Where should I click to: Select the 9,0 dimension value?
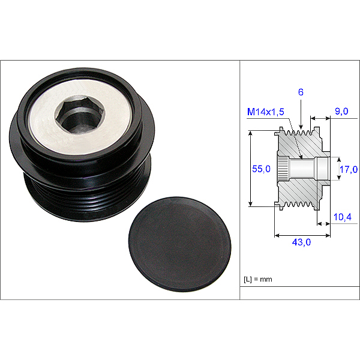pyautogui.click(x=341, y=112)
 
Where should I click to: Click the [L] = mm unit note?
pyautogui.click(x=259, y=280)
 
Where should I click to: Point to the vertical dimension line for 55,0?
pyautogui.click(x=250, y=169)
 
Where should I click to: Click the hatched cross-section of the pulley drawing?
pyautogui.click(x=300, y=192)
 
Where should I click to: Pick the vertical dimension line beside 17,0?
pyautogui.click(x=337, y=169)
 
